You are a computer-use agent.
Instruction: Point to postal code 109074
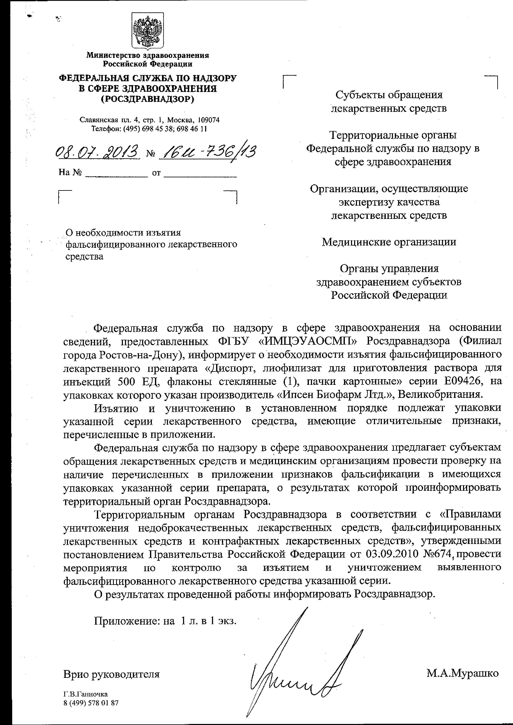(208, 120)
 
